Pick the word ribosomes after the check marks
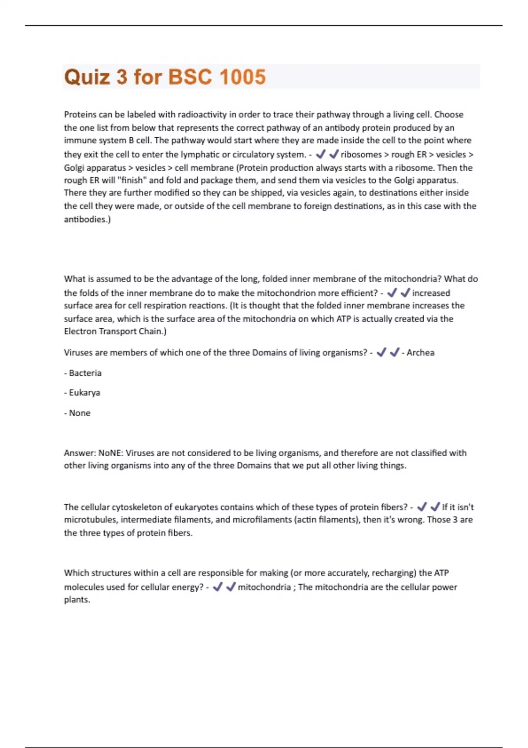point(361,154)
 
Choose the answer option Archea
point(420,352)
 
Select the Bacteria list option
point(85,373)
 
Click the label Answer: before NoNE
point(80,453)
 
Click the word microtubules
point(90,520)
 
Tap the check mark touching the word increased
point(406,293)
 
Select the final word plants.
point(77,600)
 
